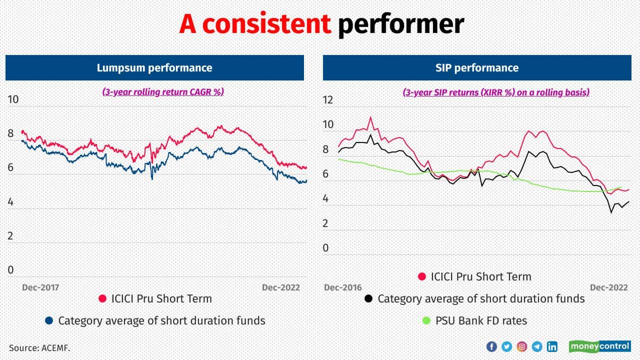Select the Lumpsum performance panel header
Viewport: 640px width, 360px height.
pos(154,68)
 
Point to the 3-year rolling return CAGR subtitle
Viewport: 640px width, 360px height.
pos(163,92)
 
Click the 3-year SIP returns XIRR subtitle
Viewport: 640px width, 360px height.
pos(496,92)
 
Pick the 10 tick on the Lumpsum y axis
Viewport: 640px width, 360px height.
pos(13,99)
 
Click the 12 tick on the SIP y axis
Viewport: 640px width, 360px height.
pos(327,100)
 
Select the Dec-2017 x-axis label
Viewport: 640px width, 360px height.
pos(40,287)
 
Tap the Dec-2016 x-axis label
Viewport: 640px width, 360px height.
pos(342,287)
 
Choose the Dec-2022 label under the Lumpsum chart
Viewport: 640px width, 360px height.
pos(281,287)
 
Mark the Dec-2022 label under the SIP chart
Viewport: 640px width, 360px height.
pos(608,287)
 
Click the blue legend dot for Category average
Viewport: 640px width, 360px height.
pos(49,320)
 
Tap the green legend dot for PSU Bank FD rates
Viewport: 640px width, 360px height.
pos(427,320)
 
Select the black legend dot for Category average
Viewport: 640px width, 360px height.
pos(368,299)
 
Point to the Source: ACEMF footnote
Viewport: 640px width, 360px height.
pos(39,347)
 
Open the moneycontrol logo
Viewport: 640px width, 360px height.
pos(600,346)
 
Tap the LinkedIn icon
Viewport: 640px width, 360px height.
pos(552,346)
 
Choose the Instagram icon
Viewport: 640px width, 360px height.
pos(521,346)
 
